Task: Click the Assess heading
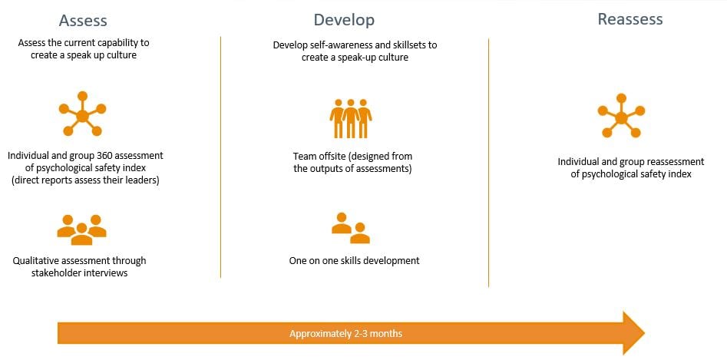point(83,21)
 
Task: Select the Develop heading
point(344,20)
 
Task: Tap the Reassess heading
point(630,19)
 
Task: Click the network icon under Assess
point(83,114)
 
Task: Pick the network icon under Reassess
point(621,116)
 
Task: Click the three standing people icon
point(351,119)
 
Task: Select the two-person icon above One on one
point(351,228)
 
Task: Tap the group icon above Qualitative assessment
point(81,230)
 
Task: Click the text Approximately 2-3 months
point(346,334)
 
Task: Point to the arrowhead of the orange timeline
point(644,332)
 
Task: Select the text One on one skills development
point(354,261)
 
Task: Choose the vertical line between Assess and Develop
point(220,157)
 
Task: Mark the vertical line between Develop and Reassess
point(488,163)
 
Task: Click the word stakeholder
point(55,273)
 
